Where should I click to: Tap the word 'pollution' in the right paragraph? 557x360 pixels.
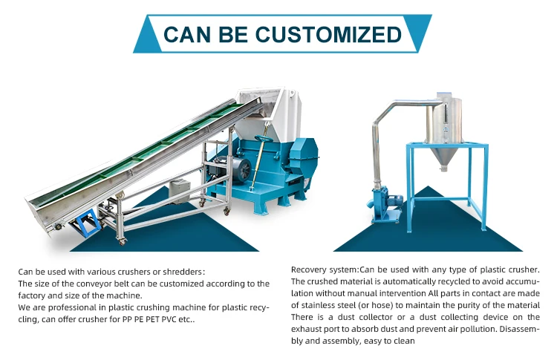[471, 329]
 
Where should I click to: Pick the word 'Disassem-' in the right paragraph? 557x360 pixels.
[520, 329]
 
